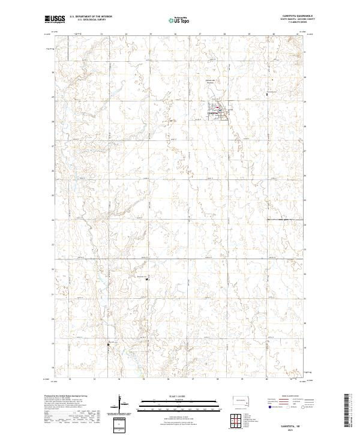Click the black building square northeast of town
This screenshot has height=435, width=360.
pos(267,93)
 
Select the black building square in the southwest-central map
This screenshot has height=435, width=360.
pos(148,278)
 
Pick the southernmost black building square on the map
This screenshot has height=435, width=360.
pos(108,344)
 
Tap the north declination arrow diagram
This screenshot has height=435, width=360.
pos(124,404)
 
